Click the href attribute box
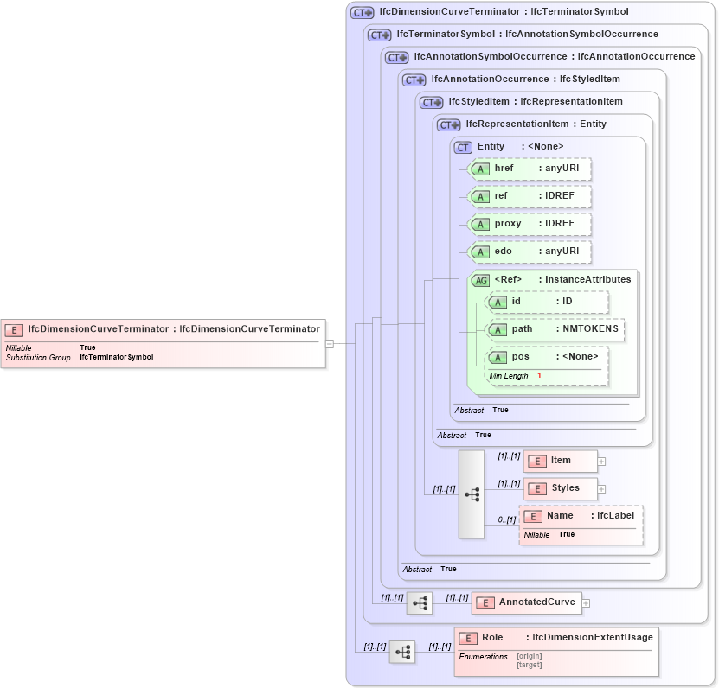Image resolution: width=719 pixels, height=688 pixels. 529,169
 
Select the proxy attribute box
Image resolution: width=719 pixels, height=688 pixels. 529,224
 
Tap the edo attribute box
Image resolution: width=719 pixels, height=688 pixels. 529,252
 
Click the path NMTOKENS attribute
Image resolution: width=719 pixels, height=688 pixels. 555,329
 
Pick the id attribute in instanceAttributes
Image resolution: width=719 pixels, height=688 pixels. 546,302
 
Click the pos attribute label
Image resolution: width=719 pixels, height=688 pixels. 521,357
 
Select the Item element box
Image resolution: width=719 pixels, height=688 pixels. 560,461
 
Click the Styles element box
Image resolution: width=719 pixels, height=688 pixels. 560,488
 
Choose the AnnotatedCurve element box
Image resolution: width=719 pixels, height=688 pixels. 526,602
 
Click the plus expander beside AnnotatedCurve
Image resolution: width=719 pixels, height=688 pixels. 586,603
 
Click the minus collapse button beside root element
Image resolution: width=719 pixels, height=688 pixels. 330,343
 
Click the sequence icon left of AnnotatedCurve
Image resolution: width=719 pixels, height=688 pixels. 420,603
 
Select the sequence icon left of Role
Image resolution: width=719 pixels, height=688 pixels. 402,652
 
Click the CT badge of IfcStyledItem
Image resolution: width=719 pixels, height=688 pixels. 431,102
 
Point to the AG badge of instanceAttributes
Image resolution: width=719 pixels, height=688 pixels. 480,280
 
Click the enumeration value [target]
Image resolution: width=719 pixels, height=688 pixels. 529,665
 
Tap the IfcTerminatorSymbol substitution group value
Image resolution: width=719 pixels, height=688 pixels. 116,357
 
